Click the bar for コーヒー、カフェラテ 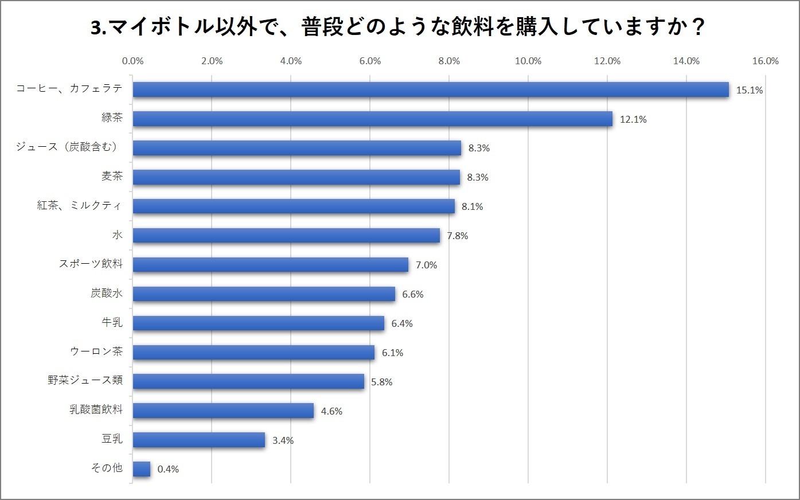[430, 89]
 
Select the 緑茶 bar [373, 119]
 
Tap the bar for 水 [286, 235]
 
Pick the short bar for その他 [141, 469]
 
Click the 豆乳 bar [199, 440]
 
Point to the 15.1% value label [750, 90]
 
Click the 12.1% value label [633, 119]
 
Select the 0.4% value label [168, 469]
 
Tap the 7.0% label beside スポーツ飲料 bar [426, 265]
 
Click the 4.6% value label [331, 411]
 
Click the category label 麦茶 [112, 176]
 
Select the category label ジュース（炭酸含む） [68, 147]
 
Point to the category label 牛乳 [112, 322]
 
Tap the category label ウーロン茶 [96, 351]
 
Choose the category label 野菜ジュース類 [85, 380]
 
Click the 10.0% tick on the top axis [528, 61]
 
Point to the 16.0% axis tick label [765, 61]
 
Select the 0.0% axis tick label [133, 61]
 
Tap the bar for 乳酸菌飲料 [223, 411]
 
